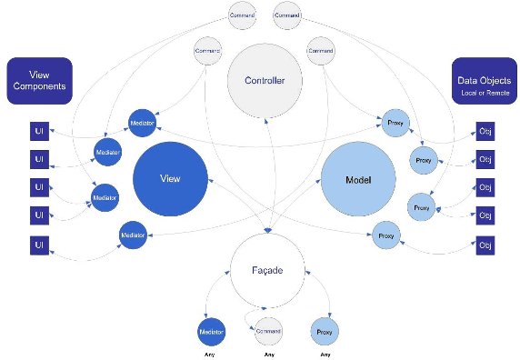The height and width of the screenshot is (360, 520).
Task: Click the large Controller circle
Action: pyautogui.click(x=265, y=82)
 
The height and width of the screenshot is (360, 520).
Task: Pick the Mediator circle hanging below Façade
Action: pyautogui.click(x=212, y=331)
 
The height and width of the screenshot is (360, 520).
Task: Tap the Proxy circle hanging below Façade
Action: pyautogui.click(x=325, y=331)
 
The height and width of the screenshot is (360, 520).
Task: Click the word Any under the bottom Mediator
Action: pyautogui.click(x=211, y=354)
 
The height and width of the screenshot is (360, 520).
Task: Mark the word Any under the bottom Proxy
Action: pyautogui.click(x=325, y=354)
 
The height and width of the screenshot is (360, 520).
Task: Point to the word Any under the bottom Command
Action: pyautogui.click(x=267, y=354)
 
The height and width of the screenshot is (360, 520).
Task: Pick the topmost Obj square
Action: pyautogui.click(x=485, y=131)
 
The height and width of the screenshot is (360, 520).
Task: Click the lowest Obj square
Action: pyautogui.click(x=485, y=245)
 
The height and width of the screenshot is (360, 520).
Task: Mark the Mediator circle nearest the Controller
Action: pyautogui.click(x=143, y=122)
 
